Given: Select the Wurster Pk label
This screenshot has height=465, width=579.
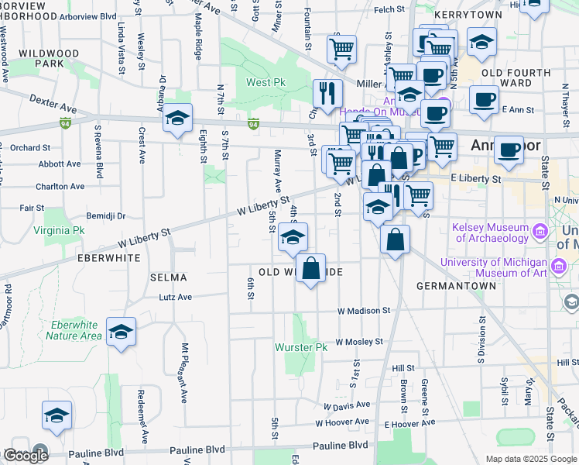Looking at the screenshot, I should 301,347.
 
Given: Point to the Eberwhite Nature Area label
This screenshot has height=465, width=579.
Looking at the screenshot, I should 74,330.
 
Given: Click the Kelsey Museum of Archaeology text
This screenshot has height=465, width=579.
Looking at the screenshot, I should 492,232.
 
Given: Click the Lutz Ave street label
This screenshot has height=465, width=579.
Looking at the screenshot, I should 175,297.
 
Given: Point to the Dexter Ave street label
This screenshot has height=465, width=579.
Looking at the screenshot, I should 53,105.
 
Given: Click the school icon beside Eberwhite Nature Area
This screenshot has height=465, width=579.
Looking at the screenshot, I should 122,332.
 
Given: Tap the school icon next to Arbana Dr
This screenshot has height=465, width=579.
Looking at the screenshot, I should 177,118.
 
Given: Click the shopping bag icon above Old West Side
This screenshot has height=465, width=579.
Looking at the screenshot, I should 310,269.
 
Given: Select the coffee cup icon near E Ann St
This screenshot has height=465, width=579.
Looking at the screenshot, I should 484,100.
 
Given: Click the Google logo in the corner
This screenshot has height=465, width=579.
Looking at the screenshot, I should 26,456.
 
